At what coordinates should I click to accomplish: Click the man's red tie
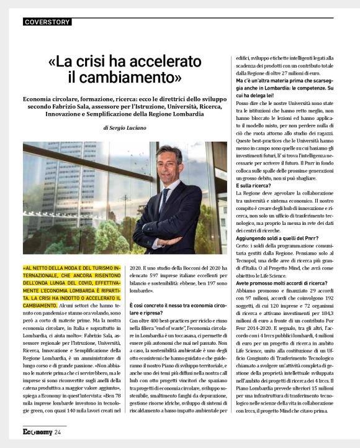tap(164, 199)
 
